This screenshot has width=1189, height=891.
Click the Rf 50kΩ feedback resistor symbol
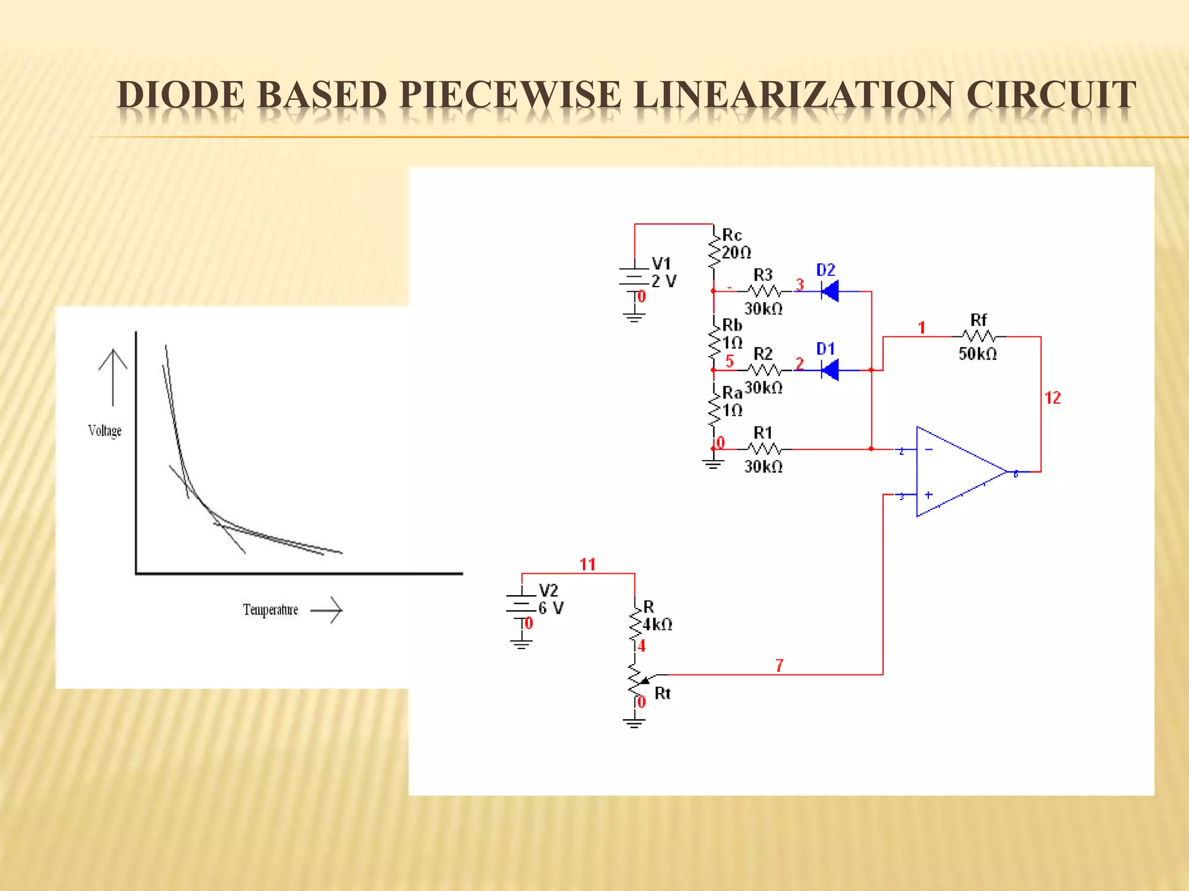979,336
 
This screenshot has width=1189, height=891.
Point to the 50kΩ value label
978,354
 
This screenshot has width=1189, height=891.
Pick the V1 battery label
661,264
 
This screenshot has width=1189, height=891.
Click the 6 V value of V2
551,609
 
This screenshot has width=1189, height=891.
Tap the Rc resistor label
732,235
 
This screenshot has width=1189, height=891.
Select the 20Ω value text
736,252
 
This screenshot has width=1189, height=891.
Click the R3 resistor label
763,274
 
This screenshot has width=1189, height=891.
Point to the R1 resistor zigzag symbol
764,449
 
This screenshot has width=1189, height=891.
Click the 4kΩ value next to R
658,625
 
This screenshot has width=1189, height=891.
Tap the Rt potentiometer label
662,693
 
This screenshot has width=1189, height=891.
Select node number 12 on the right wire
1053,398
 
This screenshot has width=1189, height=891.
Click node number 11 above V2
588,564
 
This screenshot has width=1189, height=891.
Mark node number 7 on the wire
779,665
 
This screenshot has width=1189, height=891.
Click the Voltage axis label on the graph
105,430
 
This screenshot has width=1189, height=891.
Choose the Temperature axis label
271,610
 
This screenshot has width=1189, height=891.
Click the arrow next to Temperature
327,610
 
